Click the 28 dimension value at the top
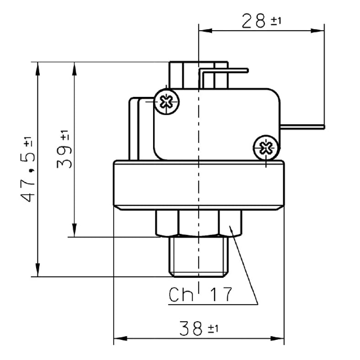254,21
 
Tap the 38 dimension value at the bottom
191,328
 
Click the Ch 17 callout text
200,294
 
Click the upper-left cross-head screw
166,102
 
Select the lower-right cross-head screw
266,148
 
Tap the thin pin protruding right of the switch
302,127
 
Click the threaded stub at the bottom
199,257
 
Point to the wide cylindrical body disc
199,185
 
